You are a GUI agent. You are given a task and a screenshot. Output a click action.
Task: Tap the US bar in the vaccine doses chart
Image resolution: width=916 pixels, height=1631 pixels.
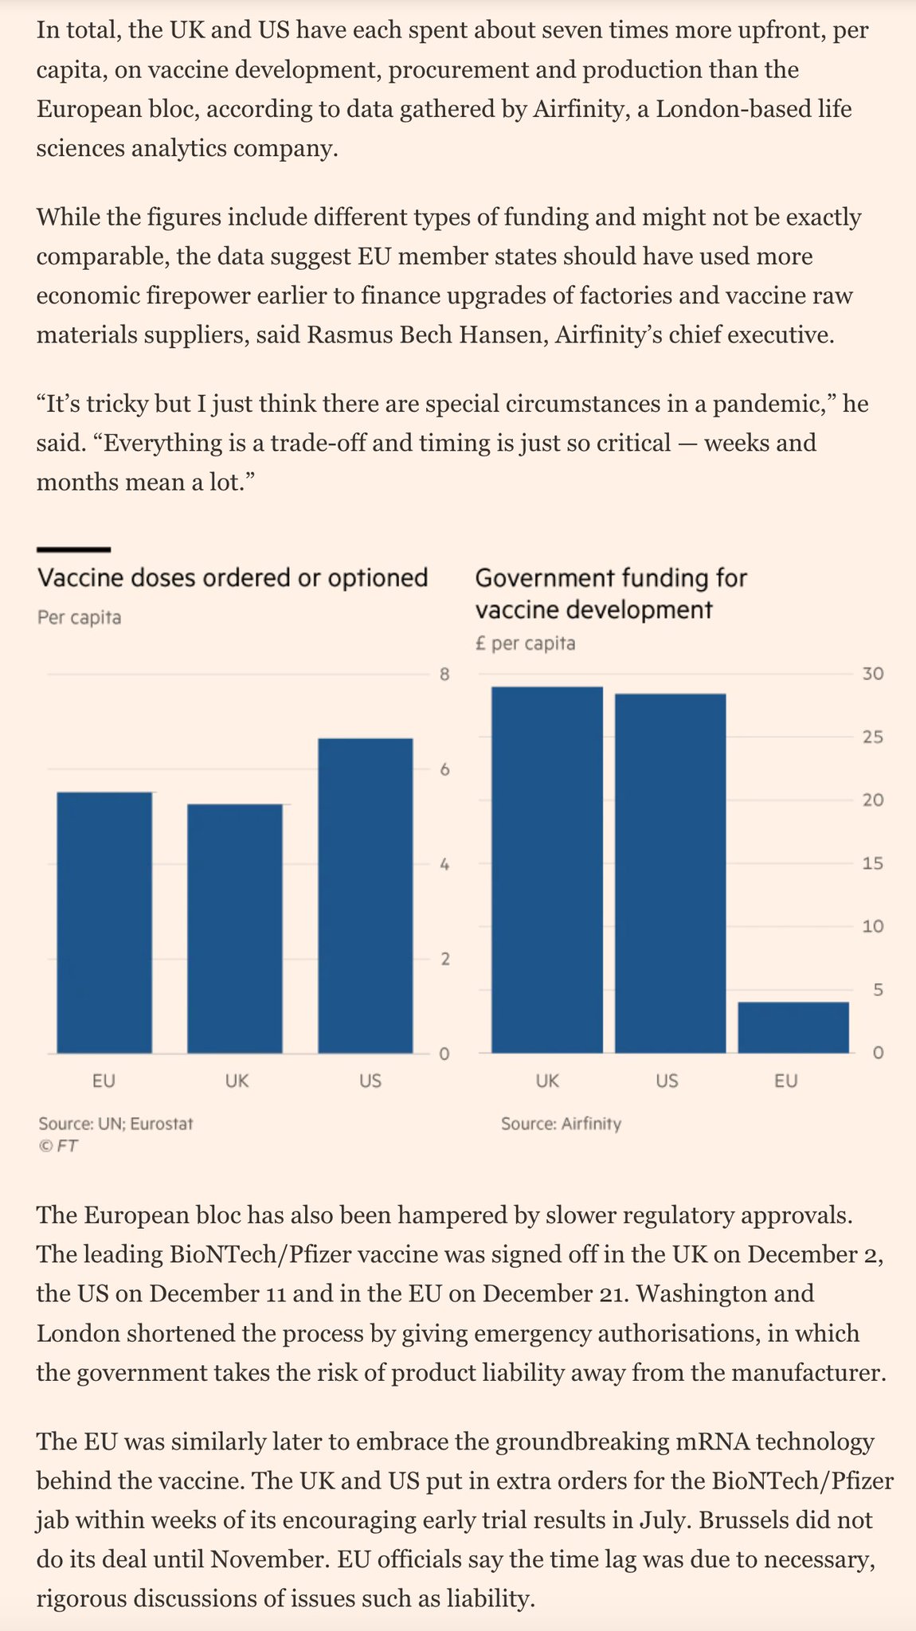(366, 895)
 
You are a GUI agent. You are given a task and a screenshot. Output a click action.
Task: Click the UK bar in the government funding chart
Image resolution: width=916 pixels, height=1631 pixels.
(546, 870)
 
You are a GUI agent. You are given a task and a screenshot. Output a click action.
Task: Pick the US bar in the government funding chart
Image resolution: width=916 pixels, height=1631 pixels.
(670, 873)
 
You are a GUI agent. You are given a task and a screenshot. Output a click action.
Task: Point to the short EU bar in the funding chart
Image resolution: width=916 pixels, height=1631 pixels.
(793, 1027)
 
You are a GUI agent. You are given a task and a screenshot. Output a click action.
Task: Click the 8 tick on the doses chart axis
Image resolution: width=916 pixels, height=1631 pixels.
(444, 675)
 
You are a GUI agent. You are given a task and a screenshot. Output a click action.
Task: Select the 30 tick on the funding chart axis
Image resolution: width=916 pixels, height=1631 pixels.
(873, 674)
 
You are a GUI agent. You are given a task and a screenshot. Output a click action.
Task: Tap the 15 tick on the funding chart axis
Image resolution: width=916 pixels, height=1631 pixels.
(873, 863)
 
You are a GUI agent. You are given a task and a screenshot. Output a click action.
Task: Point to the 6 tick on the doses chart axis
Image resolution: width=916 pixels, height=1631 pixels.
(444, 769)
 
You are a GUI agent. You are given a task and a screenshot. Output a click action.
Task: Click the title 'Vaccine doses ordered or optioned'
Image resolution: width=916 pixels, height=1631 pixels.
(233, 577)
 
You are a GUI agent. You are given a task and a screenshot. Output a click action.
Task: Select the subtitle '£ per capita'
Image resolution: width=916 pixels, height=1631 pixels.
(525, 643)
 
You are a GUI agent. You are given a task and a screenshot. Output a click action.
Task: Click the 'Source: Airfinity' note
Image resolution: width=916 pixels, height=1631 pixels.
(561, 1124)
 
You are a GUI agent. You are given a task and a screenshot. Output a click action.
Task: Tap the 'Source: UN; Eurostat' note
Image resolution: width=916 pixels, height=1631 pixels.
(115, 1124)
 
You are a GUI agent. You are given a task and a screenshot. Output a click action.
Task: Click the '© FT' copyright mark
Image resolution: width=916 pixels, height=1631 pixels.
(58, 1146)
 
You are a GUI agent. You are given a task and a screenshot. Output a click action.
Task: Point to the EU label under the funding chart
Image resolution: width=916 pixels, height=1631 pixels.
(786, 1081)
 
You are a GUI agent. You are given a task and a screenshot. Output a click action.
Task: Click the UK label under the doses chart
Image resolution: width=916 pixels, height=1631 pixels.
(237, 1081)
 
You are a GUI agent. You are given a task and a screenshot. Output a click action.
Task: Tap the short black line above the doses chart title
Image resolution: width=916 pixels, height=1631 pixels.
(73, 550)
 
